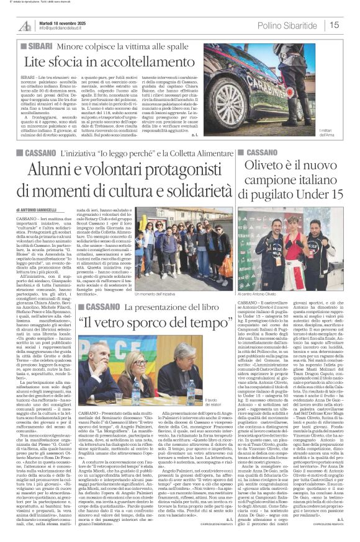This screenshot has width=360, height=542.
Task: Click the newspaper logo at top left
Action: [x=26, y=25]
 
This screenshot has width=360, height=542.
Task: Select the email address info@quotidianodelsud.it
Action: [x=66, y=29]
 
